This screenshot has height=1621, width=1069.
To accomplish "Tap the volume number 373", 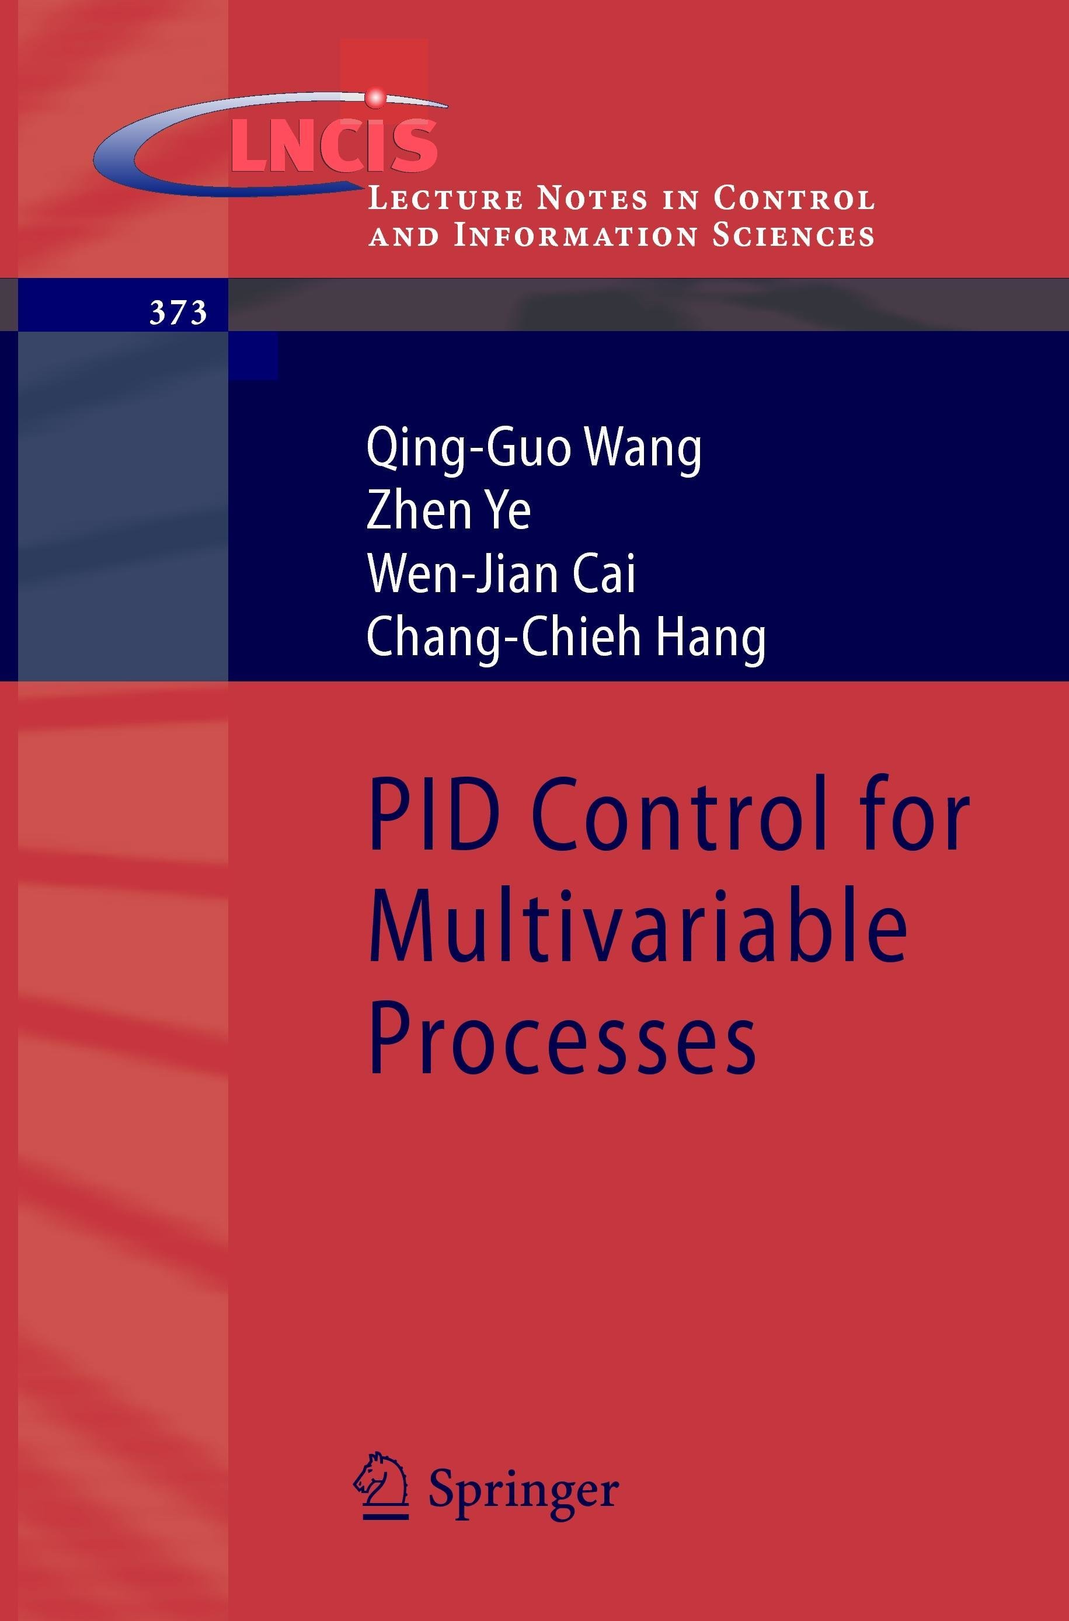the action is pos(178,314).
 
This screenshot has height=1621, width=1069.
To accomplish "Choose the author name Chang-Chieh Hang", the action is pos(566,639).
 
